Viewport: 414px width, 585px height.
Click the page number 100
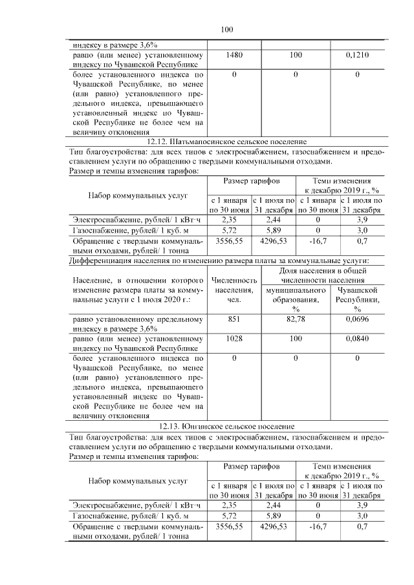[226, 29]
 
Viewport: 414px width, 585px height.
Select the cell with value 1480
[235, 56]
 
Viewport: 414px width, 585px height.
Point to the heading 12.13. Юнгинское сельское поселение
[226, 427]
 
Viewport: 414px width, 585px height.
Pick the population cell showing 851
[235, 319]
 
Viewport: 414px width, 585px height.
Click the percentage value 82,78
[296, 319]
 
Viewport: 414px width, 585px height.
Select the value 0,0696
[356, 319]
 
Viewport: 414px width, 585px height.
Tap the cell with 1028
[235, 339]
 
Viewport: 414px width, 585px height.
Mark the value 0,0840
[356, 339]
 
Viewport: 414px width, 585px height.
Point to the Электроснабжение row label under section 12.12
[123, 219]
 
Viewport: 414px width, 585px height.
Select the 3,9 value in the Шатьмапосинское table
[362, 219]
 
